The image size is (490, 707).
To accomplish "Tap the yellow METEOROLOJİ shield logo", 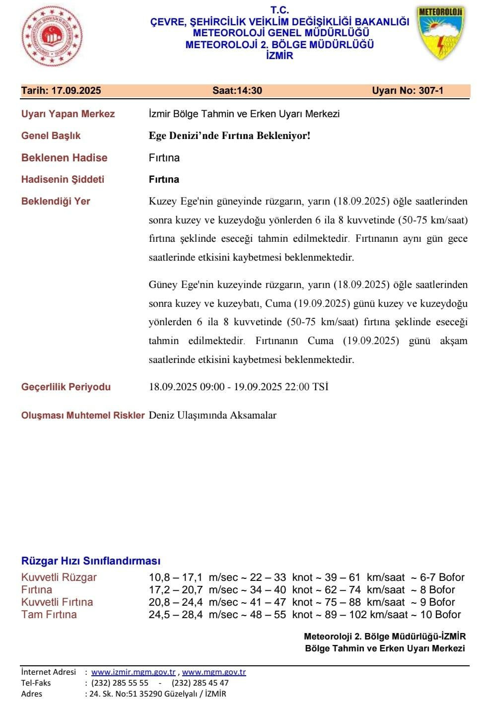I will point(440,33).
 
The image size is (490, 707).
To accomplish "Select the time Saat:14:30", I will point(237,90).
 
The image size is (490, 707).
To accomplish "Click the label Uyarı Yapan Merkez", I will point(68,114).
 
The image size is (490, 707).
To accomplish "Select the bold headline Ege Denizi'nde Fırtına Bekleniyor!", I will point(229,136).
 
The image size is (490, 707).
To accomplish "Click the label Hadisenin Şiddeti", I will point(63,179).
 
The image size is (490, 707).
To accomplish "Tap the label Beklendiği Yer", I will point(56,201).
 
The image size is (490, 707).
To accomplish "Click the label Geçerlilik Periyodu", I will point(66,387).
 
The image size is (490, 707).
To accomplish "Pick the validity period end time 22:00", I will point(297,387).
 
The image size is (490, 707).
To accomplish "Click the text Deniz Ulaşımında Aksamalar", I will point(212,415).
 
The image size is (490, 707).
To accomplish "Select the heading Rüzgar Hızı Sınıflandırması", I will point(91,561).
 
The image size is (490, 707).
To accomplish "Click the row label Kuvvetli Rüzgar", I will point(59,577).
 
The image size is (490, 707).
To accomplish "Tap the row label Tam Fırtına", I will point(49,615).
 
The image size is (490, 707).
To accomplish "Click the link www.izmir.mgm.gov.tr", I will point(134,672).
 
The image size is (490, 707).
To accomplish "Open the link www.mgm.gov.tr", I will point(214,672).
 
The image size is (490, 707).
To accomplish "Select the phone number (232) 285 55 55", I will point(120,683).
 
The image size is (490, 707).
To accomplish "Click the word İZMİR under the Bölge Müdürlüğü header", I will point(280,56).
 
